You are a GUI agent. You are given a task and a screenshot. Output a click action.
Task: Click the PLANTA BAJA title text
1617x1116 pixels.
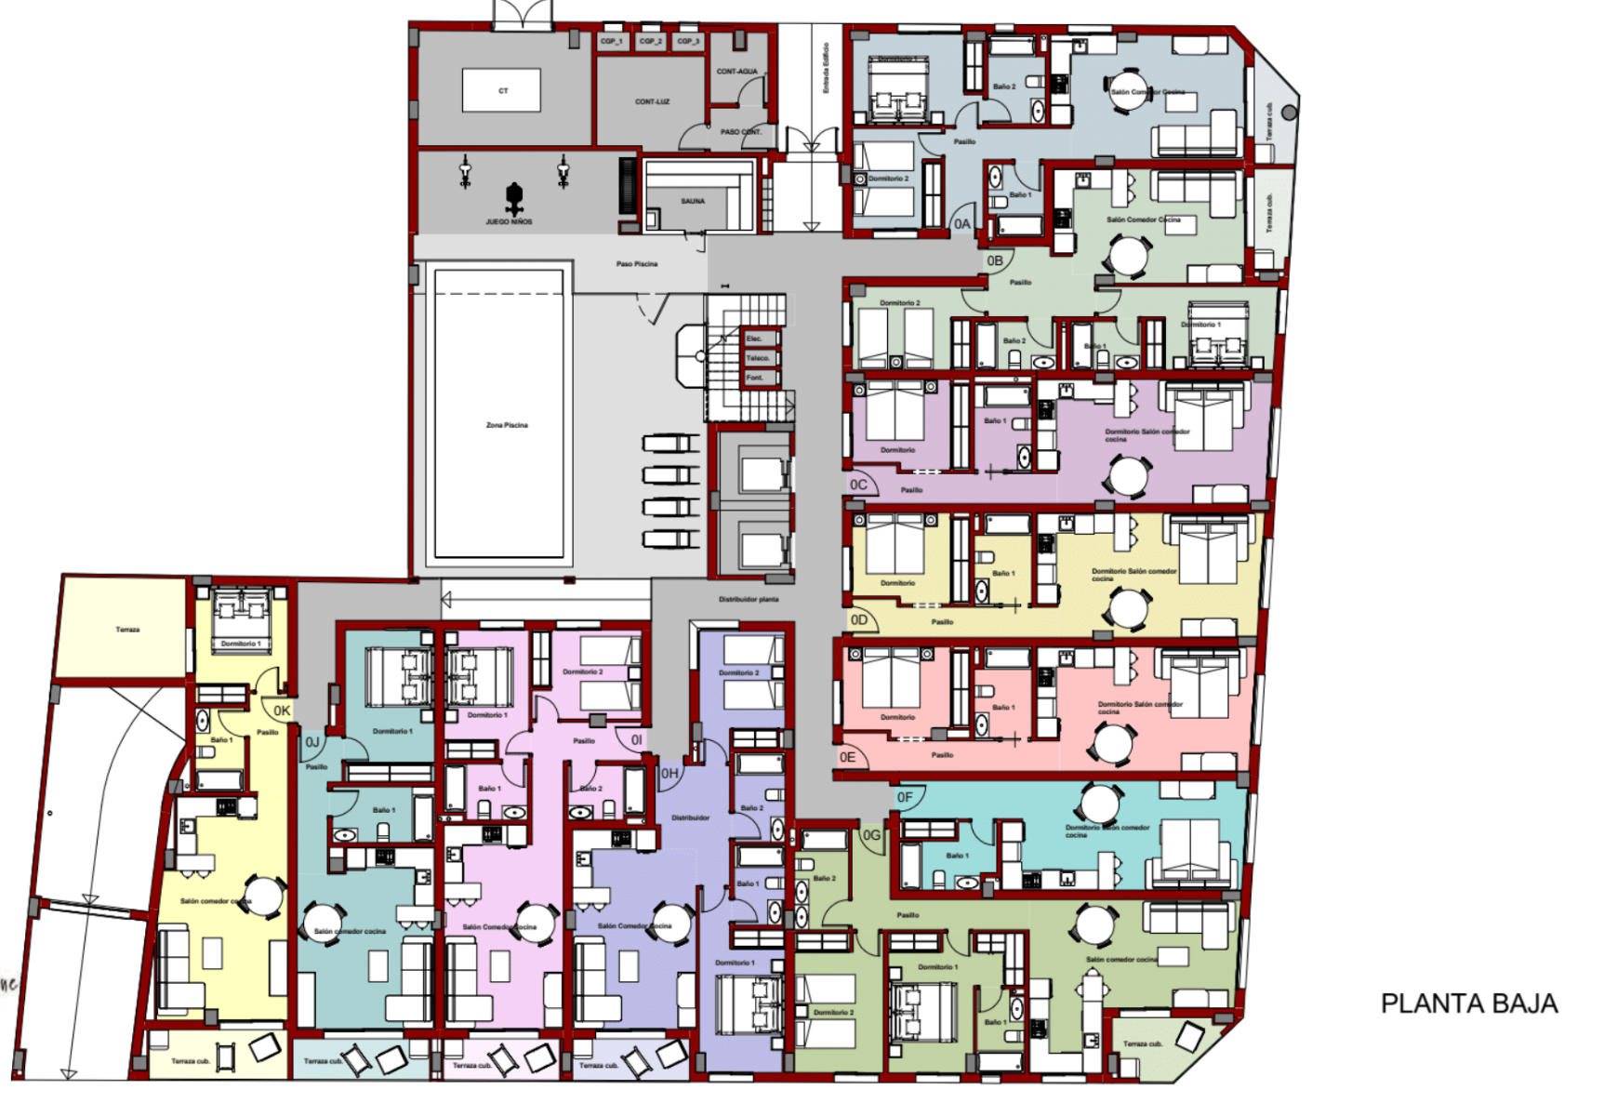pos(1468,1003)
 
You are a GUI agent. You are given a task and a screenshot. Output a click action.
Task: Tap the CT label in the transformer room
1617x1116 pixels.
pos(503,91)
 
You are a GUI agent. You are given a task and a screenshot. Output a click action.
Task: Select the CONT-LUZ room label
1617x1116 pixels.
pos(652,101)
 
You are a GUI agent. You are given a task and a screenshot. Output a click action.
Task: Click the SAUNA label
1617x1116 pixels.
pos(693,201)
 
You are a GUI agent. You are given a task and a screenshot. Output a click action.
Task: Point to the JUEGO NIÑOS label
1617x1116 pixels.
pos(509,221)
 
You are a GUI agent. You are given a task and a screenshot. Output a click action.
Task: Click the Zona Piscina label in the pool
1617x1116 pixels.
pos(507,425)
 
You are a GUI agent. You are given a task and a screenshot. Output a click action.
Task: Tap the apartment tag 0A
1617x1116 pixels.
pos(962,224)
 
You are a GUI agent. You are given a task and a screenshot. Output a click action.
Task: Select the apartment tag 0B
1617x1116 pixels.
pos(995,260)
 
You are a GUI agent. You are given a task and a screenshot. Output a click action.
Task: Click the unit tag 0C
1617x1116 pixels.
pos(858,485)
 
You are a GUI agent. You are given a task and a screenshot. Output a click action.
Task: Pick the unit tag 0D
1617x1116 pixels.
pos(858,619)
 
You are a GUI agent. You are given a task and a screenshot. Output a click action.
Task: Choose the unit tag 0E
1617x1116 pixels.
pos(847,757)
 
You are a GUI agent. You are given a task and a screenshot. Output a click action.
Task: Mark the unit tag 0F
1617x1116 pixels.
pos(905,797)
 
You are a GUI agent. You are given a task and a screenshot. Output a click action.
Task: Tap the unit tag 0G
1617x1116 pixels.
pos(871,835)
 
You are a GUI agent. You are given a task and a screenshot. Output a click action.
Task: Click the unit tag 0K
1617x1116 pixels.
pos(282,711)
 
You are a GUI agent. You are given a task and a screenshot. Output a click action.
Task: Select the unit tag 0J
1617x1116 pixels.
pos(312,742)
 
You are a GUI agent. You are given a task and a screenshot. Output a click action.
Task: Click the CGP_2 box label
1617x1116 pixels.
pos(650,42)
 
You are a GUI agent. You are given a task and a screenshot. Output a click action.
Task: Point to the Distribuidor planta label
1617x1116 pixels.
pos(749,600)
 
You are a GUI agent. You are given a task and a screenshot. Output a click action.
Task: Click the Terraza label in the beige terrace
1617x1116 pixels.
pos(127,630)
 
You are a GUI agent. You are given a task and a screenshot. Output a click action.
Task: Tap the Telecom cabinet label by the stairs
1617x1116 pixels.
pos(758,358)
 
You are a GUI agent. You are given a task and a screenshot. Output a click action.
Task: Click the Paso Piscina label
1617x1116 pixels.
pos(637,264)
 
